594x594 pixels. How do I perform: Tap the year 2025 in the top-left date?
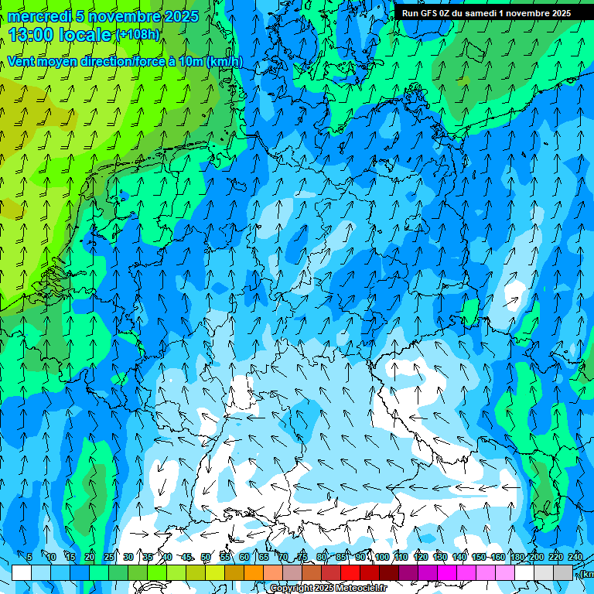pos(176,16)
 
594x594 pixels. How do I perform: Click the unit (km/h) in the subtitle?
pos(224,62)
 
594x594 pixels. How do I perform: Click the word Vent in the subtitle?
pos(21,62)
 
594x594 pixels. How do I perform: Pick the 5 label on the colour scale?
pos(29,558)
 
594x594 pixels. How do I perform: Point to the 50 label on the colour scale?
pos(206,558)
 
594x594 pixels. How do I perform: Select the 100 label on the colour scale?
pos(381,558)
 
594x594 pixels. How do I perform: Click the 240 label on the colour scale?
pos(575,558)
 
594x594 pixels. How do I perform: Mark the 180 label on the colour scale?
pos(517,558)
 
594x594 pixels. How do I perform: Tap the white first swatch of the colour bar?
pos(22,572)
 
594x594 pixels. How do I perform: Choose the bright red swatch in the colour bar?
pos(350,572)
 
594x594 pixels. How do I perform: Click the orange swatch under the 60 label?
pos(254,572)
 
